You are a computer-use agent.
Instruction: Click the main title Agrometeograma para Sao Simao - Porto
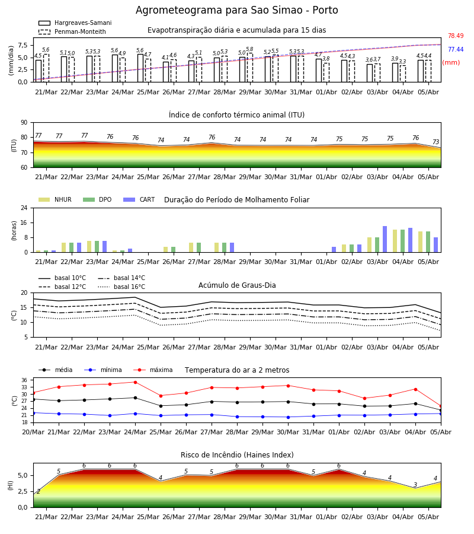[236, 10]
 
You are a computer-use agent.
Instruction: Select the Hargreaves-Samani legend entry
[75, 23]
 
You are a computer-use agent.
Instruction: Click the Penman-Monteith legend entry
[72, 31]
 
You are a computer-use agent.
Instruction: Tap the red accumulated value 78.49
[456, 36]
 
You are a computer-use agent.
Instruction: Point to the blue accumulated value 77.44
[456, 49]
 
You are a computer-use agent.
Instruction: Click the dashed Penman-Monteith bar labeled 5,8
[250, 68]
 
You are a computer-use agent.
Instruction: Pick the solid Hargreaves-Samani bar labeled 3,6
[370, 73]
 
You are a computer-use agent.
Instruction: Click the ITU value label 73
[435, 142]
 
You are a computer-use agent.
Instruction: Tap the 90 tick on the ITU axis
[24, 123]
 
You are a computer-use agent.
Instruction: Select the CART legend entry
[139, 199]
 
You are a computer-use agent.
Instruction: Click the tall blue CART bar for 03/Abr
[385, 239]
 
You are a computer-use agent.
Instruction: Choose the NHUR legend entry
[55, 199]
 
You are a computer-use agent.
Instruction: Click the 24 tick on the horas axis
[24, 208]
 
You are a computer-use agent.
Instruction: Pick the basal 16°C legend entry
[121, 287]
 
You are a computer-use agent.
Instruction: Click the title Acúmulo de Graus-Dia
[237, 285]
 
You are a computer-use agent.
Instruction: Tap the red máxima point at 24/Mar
[135, 382]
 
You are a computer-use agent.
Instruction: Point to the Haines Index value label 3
[415, 485]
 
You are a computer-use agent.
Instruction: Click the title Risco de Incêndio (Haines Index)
[237, 455]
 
